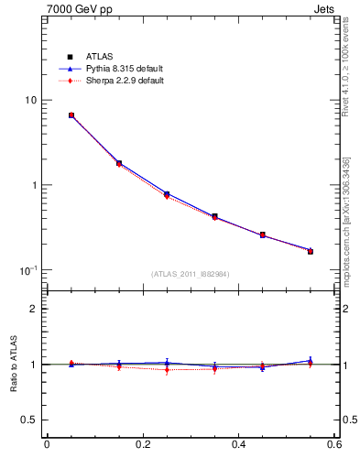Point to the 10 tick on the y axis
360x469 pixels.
[30, 100]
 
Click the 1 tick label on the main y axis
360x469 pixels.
[34, 185]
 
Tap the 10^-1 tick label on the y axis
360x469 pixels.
[28, 269]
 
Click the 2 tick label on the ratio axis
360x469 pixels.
[34, 309]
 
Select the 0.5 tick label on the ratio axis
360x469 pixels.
[29, 420]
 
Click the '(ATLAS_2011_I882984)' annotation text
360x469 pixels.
[191, 274]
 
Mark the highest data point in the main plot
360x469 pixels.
[71, 115]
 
